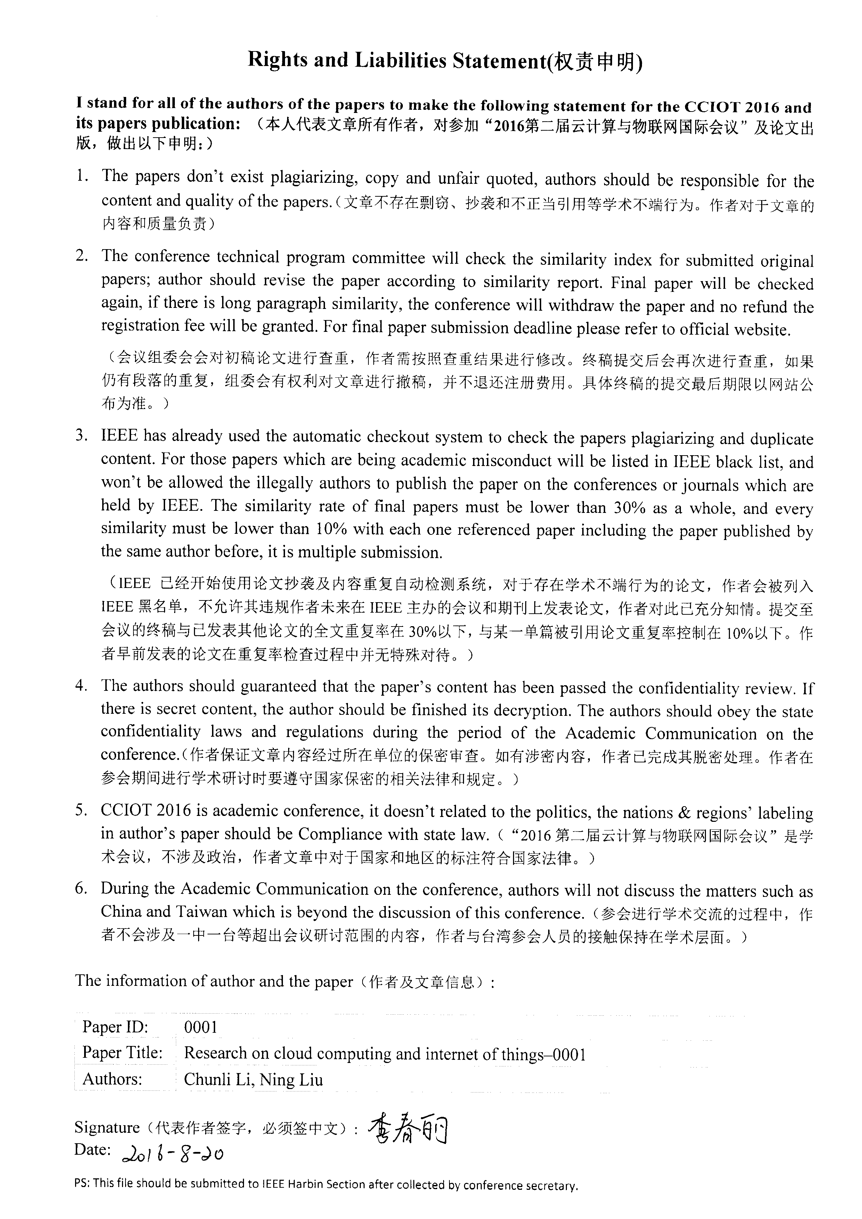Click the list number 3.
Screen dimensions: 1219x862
pyautogui.click(x=81, y=436)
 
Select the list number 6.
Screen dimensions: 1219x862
pyautogui.click(x=81, y=888)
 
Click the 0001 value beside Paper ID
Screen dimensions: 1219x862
pyautogui.click(x=201, y=1027)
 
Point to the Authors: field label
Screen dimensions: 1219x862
pyautogui.click(x=113, y=1079)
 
